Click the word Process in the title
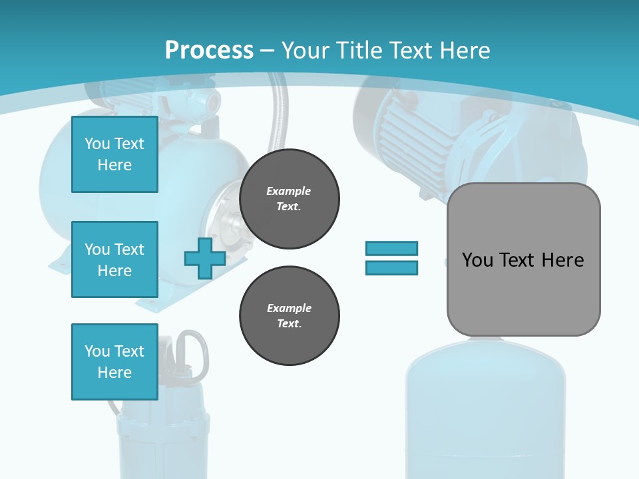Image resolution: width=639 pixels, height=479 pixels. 209,50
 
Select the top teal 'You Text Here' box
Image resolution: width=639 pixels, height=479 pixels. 114,154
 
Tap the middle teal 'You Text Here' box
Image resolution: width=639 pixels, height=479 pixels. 114,259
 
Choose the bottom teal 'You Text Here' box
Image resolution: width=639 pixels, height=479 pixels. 114,361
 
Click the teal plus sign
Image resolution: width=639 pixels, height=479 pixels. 204,259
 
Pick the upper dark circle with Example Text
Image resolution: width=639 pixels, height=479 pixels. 289,198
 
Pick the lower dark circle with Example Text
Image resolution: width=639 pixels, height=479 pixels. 289,315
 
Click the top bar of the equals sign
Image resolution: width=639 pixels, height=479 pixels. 391,249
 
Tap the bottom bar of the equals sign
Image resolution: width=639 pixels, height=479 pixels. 391,268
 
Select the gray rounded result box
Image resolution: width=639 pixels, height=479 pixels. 523,293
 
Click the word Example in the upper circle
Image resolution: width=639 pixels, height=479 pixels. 289,191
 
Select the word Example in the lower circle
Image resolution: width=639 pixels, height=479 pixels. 289,308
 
